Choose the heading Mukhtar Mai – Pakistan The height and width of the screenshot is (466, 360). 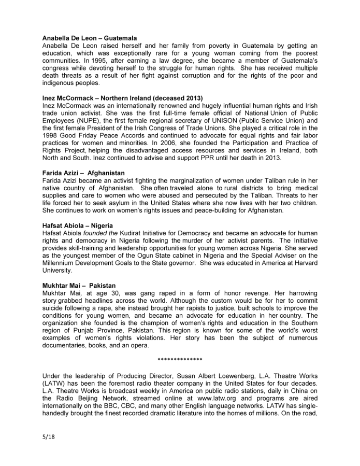tap(77, 285)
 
